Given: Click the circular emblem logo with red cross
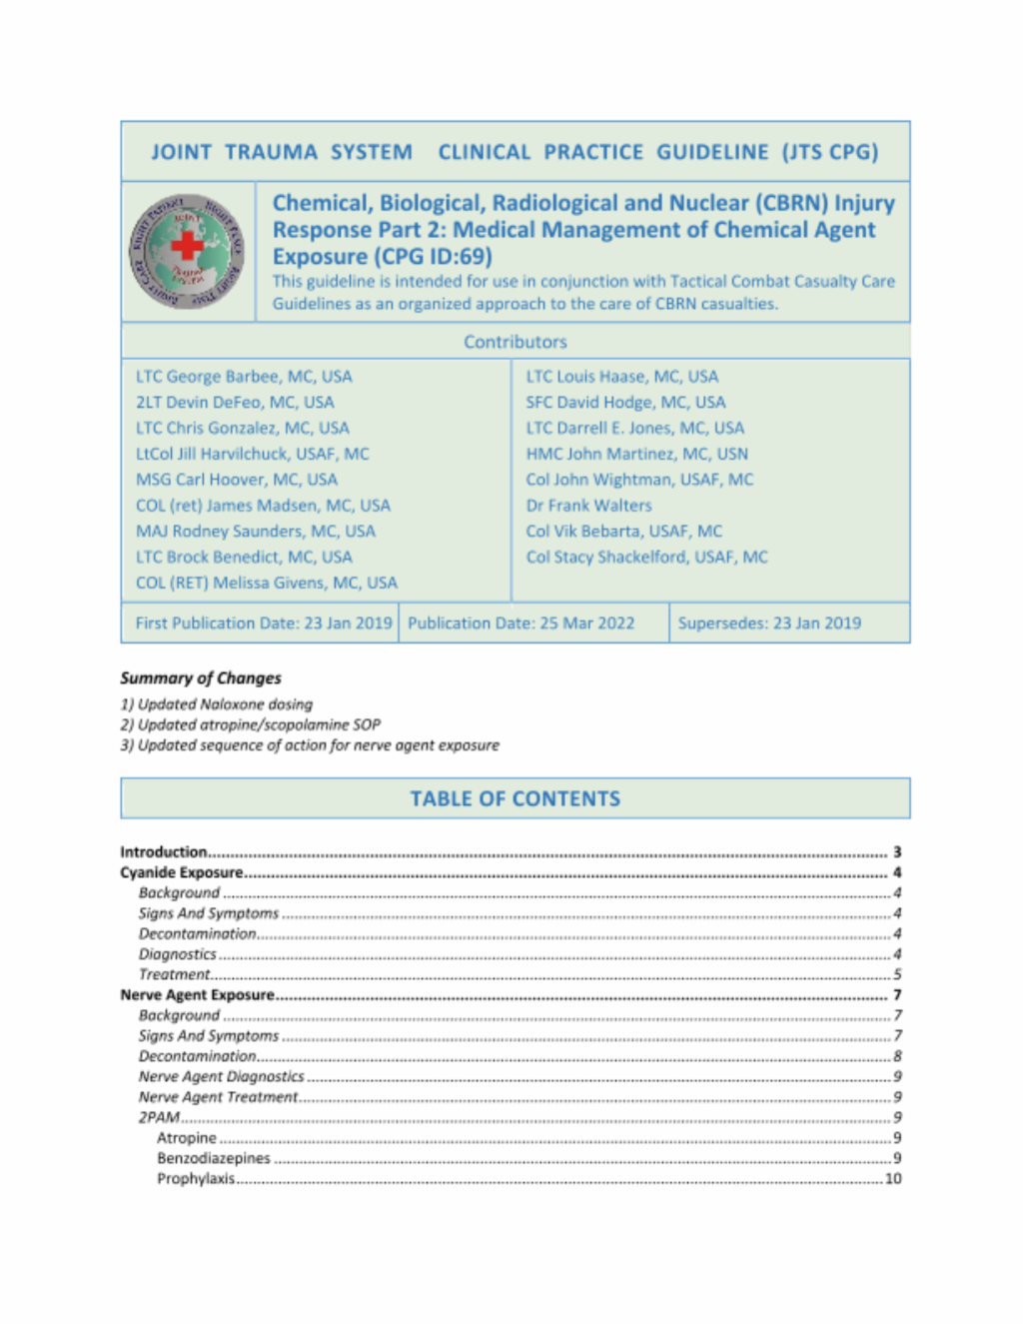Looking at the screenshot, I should coord(187,251).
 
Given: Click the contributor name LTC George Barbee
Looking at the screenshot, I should coord(244,377).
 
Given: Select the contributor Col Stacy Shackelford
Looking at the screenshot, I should coord(646,557).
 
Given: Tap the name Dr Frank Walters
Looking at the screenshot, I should coord(588,506).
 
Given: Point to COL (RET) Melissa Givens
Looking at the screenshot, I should coord(266,583).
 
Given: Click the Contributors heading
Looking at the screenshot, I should coord(514,342).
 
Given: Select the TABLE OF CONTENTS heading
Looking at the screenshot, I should coord(514,798).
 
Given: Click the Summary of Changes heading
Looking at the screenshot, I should coord(201,677).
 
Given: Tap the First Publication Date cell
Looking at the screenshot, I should coord(263,623).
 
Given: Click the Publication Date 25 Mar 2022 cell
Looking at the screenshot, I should coord(520,623).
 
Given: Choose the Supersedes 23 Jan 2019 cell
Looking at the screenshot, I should coord(769,623).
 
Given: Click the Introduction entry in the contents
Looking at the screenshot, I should coord(164,852).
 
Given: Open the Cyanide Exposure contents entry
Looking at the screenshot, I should coord(181,872).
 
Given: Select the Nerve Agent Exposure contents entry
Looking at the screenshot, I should coord(197,995).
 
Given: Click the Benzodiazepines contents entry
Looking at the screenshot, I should coord(213,1158).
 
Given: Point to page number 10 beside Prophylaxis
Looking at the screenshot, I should coord(893,1179).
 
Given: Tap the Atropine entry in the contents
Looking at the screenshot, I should coord(186,1138).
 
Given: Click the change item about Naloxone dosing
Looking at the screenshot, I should coord(217,704).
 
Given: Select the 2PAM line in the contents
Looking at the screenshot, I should coord(159,1117).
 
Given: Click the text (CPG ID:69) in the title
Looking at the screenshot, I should coord(433,256).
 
